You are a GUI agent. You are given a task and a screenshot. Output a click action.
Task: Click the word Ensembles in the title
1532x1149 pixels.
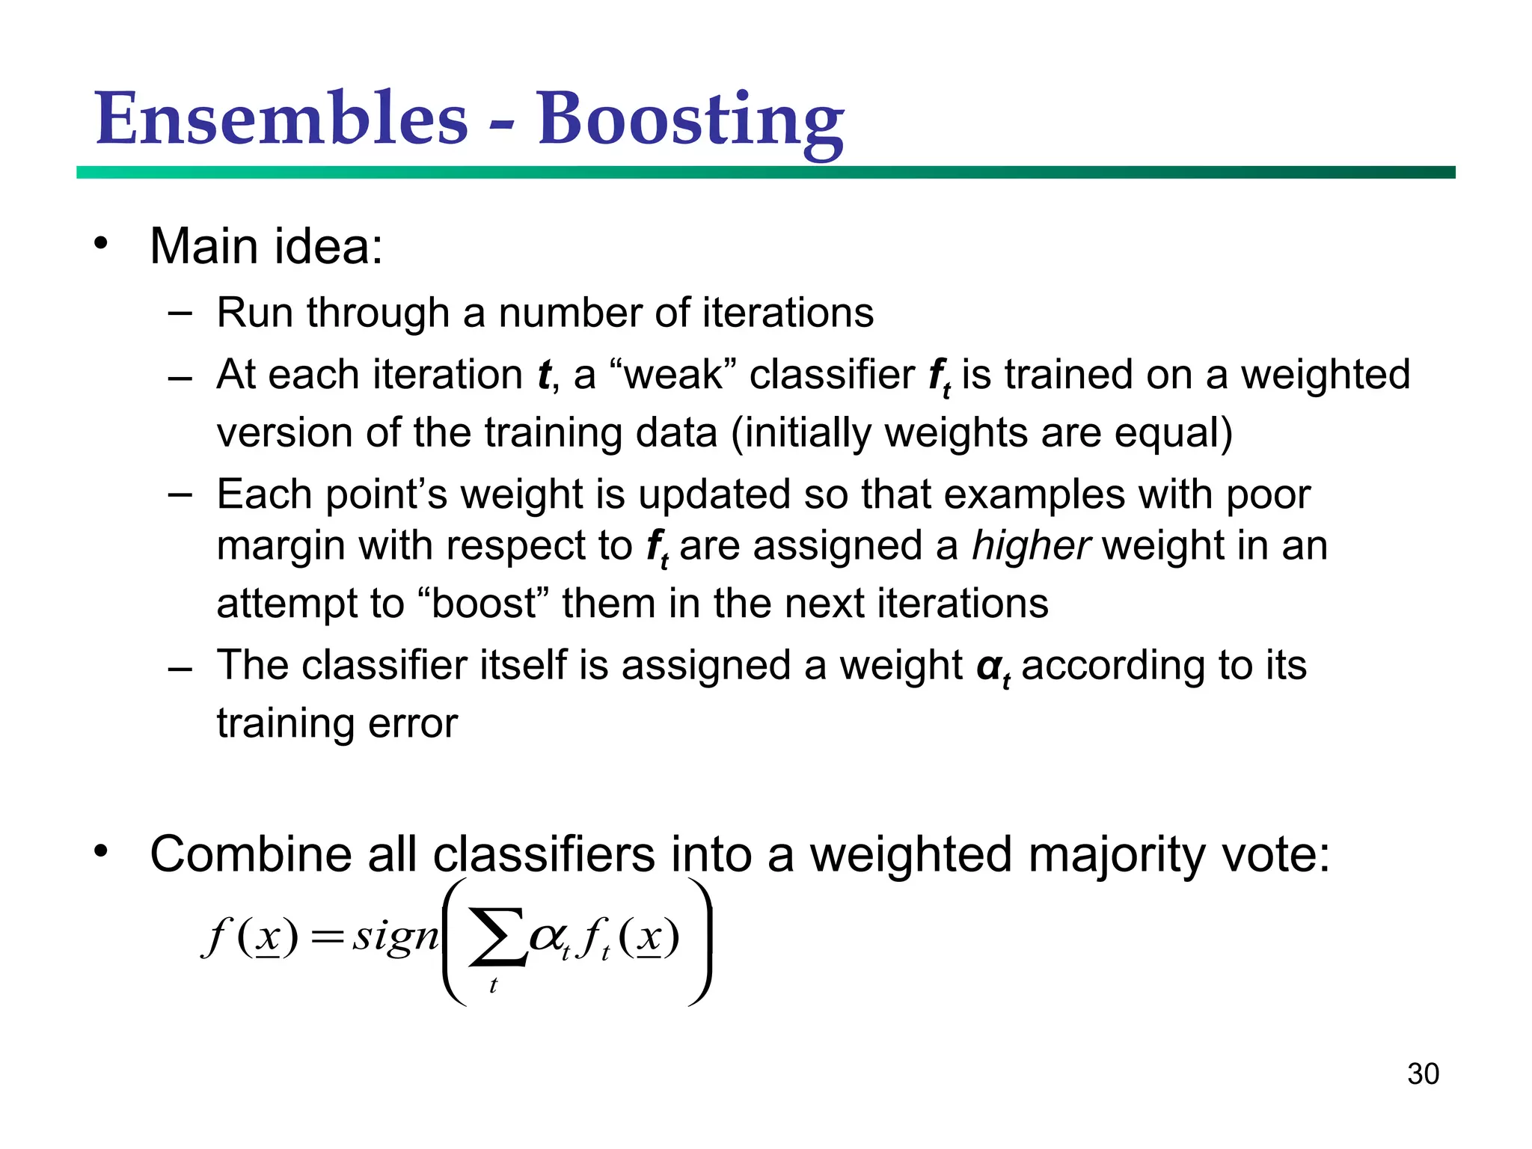tap(281, 120)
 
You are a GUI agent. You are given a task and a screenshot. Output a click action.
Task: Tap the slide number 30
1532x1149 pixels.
tap(1423, 1074)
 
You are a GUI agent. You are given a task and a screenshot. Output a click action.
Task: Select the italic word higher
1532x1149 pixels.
tap(1030, 546)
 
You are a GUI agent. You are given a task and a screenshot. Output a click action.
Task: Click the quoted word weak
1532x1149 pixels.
tap(673, 375)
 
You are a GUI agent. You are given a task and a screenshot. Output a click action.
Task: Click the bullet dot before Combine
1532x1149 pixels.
tap(102, 851)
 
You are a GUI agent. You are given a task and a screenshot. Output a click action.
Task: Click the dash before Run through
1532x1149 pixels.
tap(180, 312)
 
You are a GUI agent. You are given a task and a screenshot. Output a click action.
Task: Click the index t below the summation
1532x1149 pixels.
tap(493, 986)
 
